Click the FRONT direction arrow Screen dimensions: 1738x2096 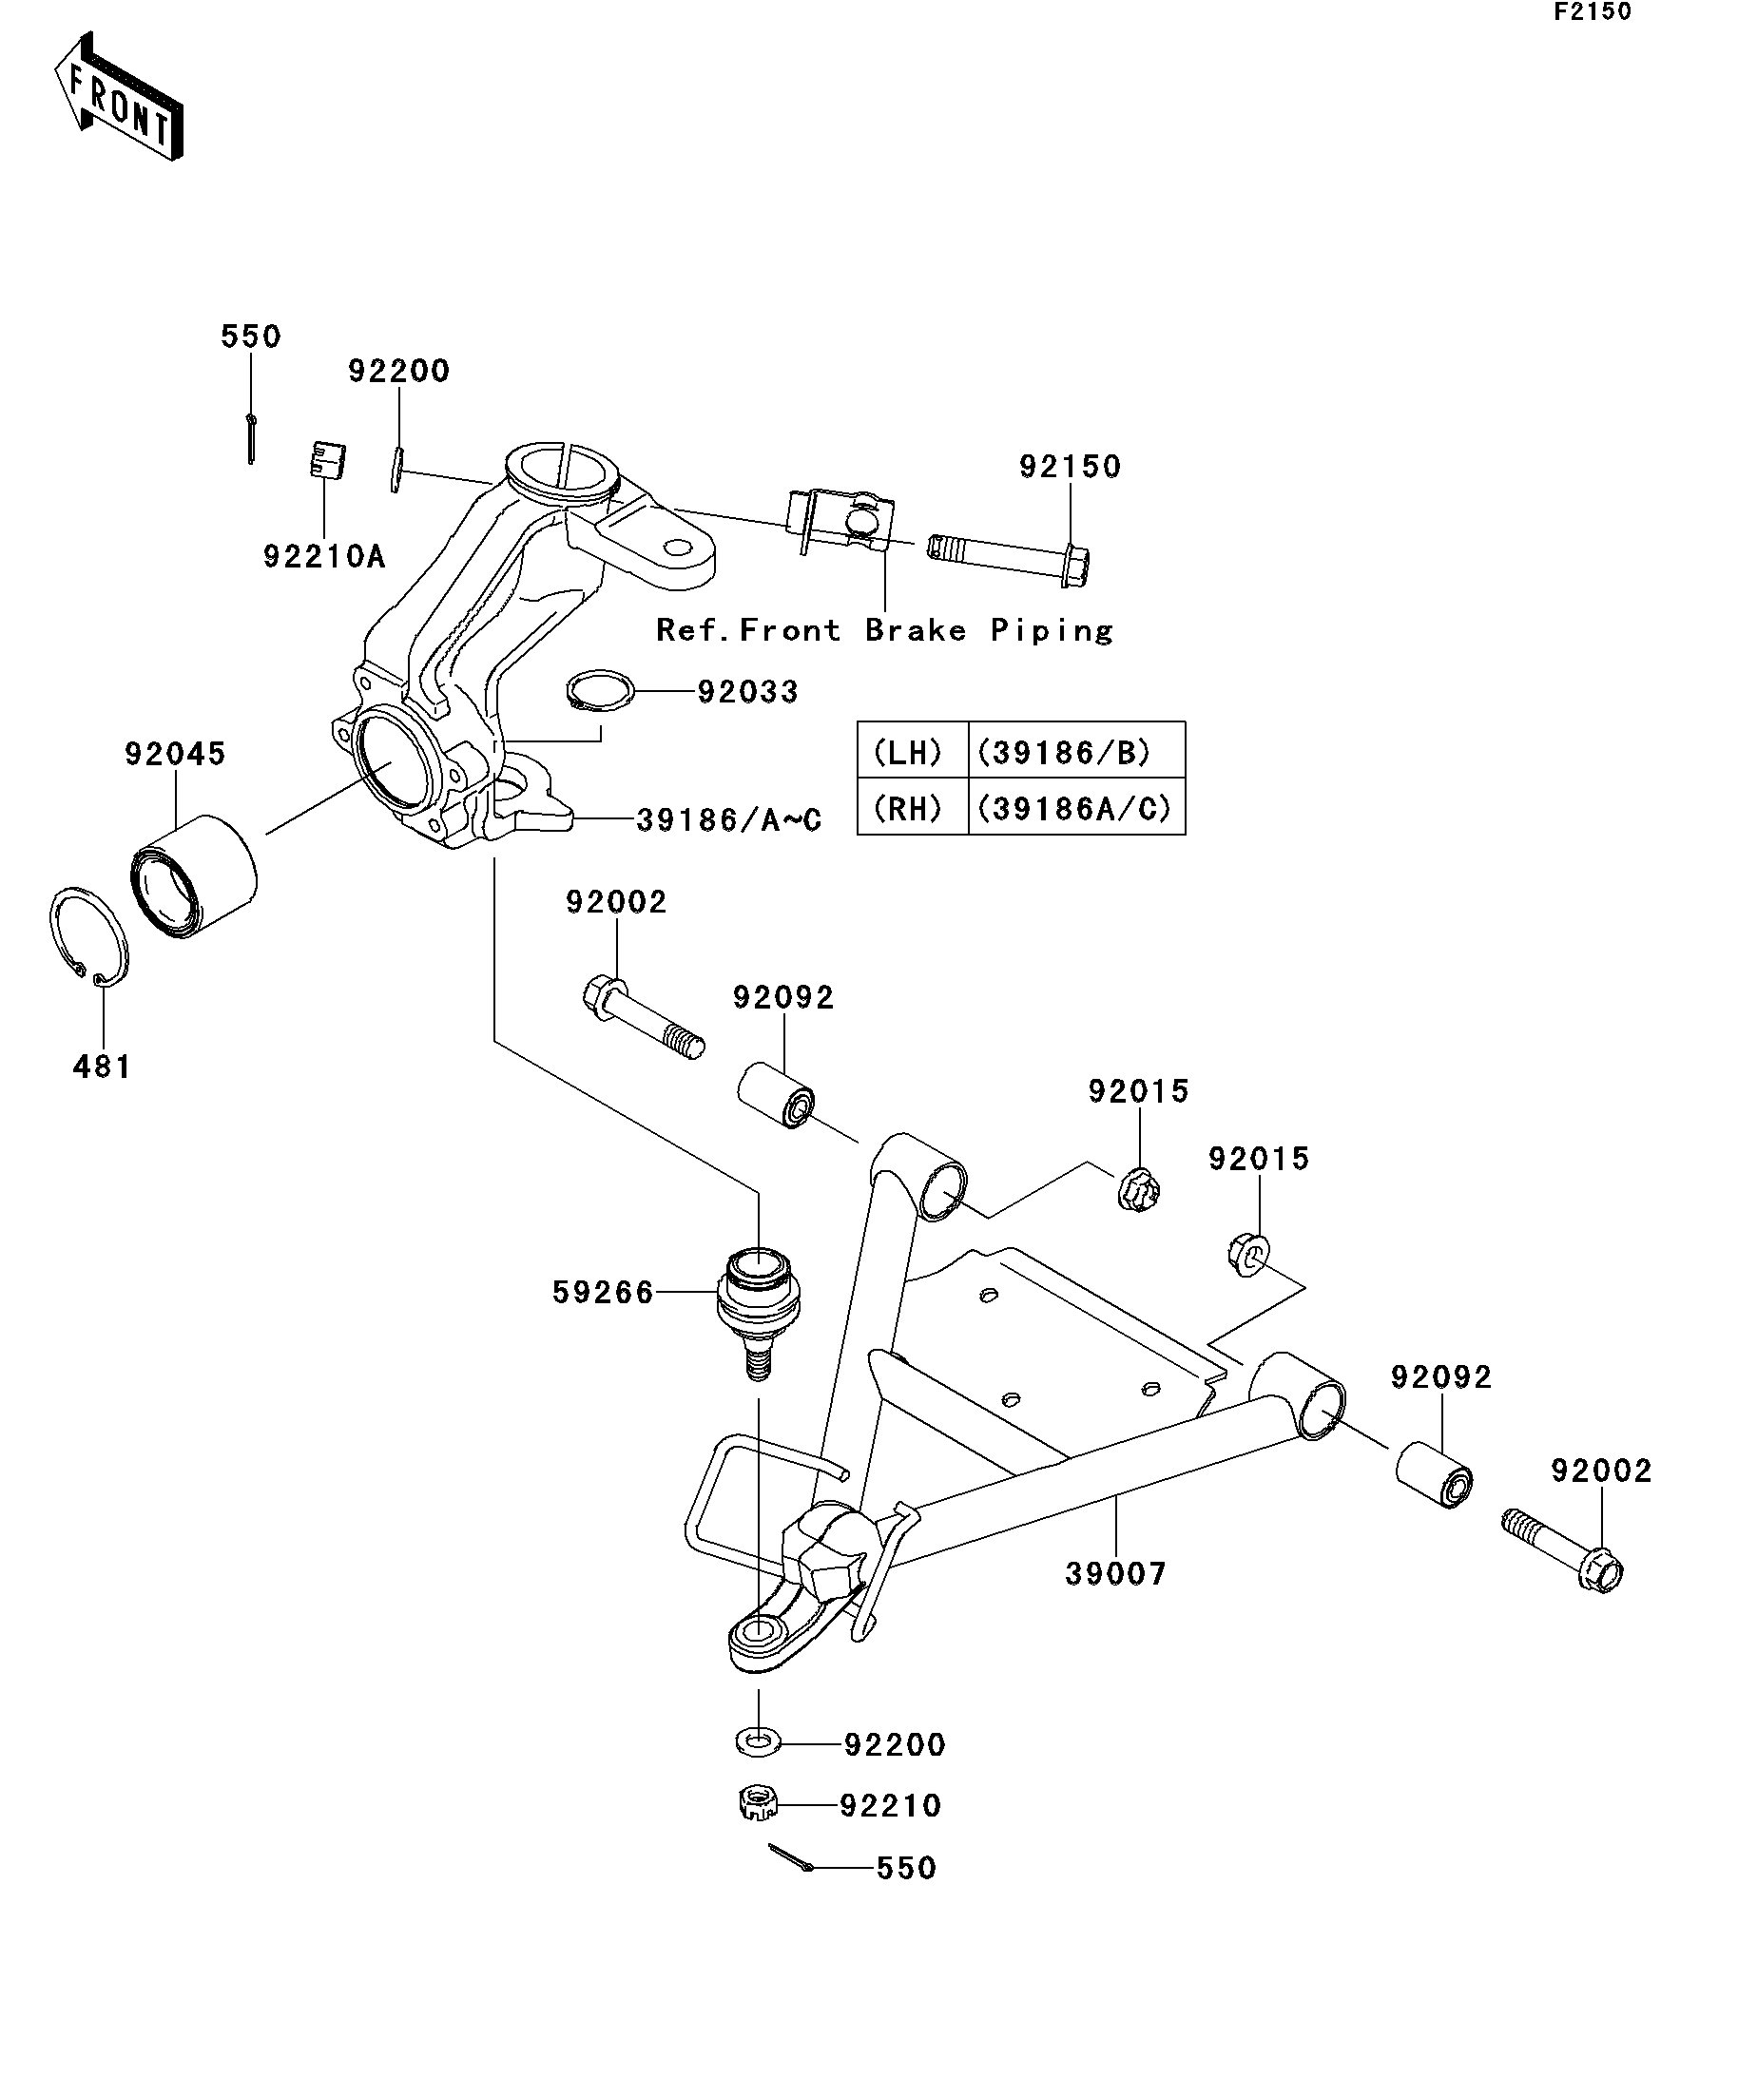pos(118,97)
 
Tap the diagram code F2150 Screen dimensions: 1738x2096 pos(1592,12)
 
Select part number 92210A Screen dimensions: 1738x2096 pos(323,557)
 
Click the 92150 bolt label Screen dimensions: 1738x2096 pos(1071,466)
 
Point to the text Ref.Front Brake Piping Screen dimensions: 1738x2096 pos(884,631)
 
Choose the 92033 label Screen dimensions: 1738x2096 pos(747,692)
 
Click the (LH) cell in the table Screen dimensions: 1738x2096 pos(907,753)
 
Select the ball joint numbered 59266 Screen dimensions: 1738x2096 pos(759,1313)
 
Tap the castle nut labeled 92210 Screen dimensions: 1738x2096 pos(759,1803)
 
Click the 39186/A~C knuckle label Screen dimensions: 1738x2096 pos(728,820)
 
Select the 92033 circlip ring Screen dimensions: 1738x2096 pos(600,691)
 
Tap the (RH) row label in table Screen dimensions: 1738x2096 pos(907,807)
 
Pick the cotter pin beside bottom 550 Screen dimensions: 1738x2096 pos(792,1858)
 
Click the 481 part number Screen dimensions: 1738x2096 pos(102,1067)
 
